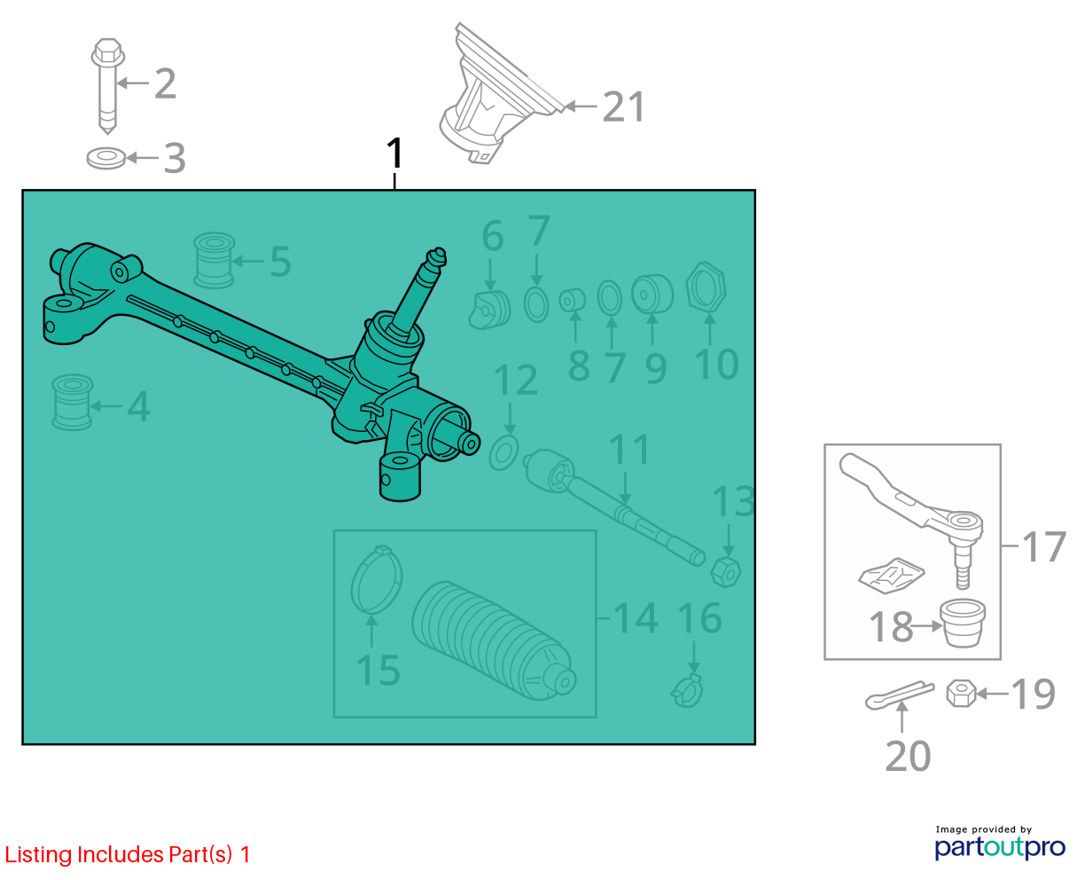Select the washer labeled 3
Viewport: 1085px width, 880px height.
(106, 158)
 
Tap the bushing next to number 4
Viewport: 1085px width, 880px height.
(72, 402)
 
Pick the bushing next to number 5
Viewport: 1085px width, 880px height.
(214, 260)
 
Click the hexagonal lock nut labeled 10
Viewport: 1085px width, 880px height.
(706, 287)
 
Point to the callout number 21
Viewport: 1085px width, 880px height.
(623, 107)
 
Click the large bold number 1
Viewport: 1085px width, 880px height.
(395, 153)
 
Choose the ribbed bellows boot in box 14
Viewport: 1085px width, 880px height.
(493, 640)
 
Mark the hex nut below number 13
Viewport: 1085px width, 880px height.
(726, 572)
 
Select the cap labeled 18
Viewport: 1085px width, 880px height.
(963, 623)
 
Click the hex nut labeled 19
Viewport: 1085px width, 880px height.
(961, 694)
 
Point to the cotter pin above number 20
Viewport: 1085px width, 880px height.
(900, 695)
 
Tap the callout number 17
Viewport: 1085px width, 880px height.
(1043, 546)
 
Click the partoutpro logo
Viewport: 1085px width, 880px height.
(1000, 845)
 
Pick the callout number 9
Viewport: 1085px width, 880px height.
(656, 368)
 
